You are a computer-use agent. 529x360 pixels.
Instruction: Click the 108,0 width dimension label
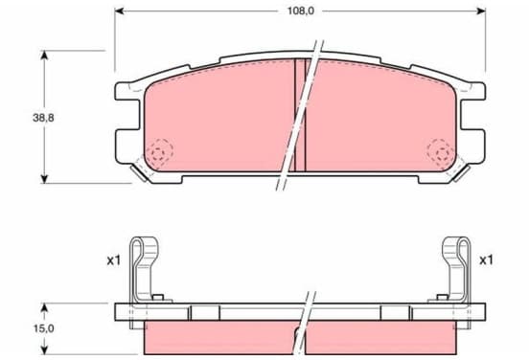tap(301, 11)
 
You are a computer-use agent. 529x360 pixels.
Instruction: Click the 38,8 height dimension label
tap(43, 118)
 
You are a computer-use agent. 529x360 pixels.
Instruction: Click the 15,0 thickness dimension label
tap(43, 328)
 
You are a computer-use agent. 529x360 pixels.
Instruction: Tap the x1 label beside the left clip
tap(114, 260)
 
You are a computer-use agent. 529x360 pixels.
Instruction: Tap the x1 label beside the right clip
tap(486, 259)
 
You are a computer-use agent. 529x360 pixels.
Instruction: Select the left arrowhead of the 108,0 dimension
tap(120, 11)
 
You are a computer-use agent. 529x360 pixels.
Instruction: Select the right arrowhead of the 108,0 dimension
tap(481, 11)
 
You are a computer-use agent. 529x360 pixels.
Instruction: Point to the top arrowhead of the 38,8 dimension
tap(44, 55)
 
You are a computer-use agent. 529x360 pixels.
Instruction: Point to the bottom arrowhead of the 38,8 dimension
tap(44, 179)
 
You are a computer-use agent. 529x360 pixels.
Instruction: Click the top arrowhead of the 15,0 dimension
tap(44, 307)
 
